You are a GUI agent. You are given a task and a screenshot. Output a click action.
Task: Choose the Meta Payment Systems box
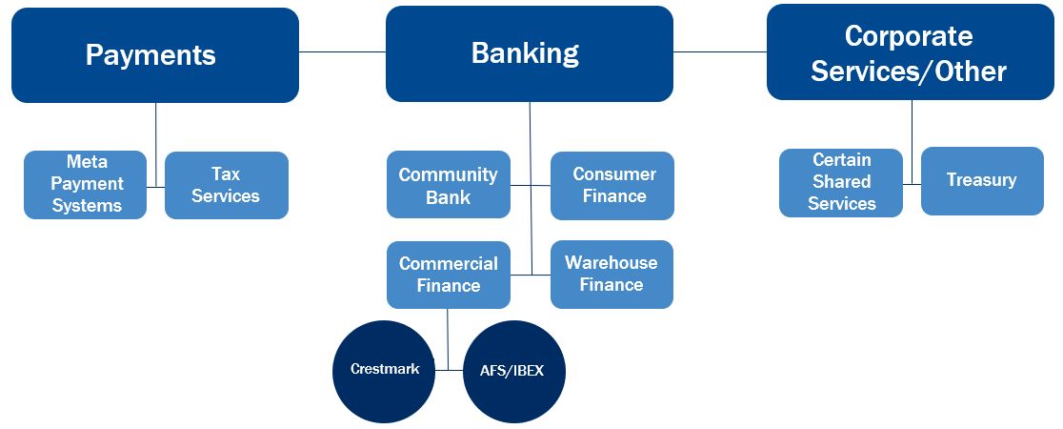86,185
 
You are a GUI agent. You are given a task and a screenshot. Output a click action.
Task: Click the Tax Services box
226,185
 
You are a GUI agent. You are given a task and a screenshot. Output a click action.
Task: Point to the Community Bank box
448,185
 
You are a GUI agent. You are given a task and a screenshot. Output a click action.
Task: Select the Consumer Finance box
612,185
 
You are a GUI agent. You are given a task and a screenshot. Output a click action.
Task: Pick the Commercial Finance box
448,275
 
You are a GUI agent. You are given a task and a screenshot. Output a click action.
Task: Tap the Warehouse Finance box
612,274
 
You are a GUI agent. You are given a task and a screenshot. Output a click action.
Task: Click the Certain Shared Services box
841,182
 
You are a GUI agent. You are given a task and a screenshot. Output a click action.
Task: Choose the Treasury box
981,180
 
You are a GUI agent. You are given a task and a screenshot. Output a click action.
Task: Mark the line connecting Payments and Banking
342,51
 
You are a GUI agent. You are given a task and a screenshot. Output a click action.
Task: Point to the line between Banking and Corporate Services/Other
720,51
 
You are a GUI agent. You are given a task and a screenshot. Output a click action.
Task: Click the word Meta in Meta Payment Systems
87,162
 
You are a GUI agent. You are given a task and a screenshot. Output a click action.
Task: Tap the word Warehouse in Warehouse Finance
612,262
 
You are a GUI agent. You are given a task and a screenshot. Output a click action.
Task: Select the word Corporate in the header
909,36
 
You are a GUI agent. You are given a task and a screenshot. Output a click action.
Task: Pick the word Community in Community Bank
448,174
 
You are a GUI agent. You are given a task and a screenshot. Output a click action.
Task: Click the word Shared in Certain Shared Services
842,181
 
